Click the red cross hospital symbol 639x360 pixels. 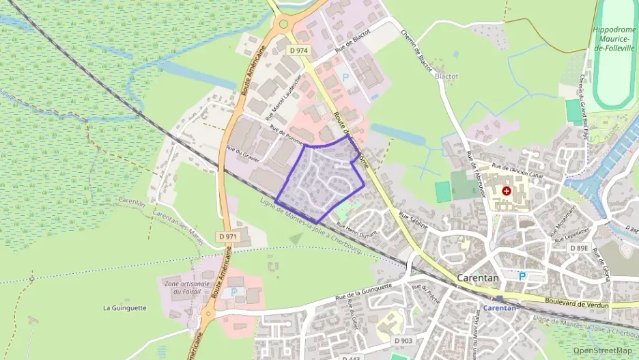pyautogui.click(x=507, y=191)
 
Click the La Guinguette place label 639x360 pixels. pyautogui.click(x=124, y=307)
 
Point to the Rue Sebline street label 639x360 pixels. pyautogui.click(x=412, y=219)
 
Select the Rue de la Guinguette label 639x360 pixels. pyautogui.click(x=363, y=292)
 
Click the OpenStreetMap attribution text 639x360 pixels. pyautogui.click(x=602, y=350)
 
